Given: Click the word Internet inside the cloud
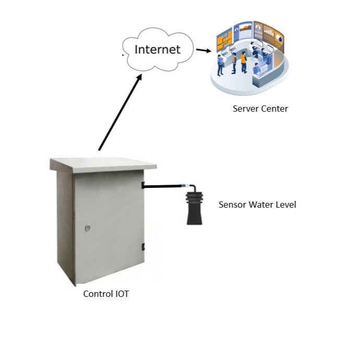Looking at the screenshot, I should pos(157,50).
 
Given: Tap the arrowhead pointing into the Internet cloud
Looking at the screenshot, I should pos(139,77).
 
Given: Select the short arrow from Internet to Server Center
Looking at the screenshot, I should pos(204,51).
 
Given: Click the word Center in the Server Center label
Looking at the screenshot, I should pos(274,109).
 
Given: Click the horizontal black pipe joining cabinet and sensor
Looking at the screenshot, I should pos(162,185).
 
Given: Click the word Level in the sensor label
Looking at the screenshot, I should pos(286,205).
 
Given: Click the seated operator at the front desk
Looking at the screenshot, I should pos(256,68).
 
